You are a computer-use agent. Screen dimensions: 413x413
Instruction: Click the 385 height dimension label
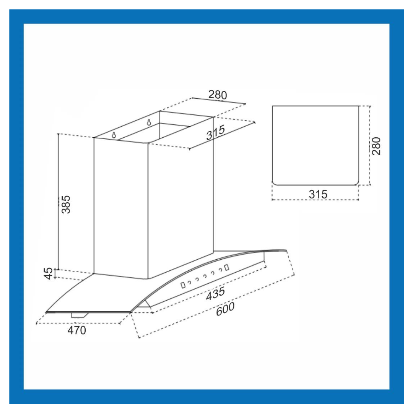pos(66,205)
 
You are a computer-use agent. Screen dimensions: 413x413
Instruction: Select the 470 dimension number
pos(76,330)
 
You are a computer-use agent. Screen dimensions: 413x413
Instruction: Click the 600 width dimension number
pos(224,309)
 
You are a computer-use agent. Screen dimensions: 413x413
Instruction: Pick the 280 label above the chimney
pos(217,94)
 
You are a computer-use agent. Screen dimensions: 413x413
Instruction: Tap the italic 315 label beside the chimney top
pos(215,133)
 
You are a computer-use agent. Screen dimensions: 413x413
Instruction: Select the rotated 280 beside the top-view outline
pos(377,146)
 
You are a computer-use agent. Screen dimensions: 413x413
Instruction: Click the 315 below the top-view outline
pos(318,194)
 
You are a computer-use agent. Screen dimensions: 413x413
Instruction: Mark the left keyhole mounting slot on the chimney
pos(114,135)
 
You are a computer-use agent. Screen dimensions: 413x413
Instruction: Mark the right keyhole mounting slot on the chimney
pos(149,123)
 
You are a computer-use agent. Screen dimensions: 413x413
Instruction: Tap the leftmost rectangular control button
pos(183,285)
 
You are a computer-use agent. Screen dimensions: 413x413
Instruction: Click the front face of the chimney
pos(120,206)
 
